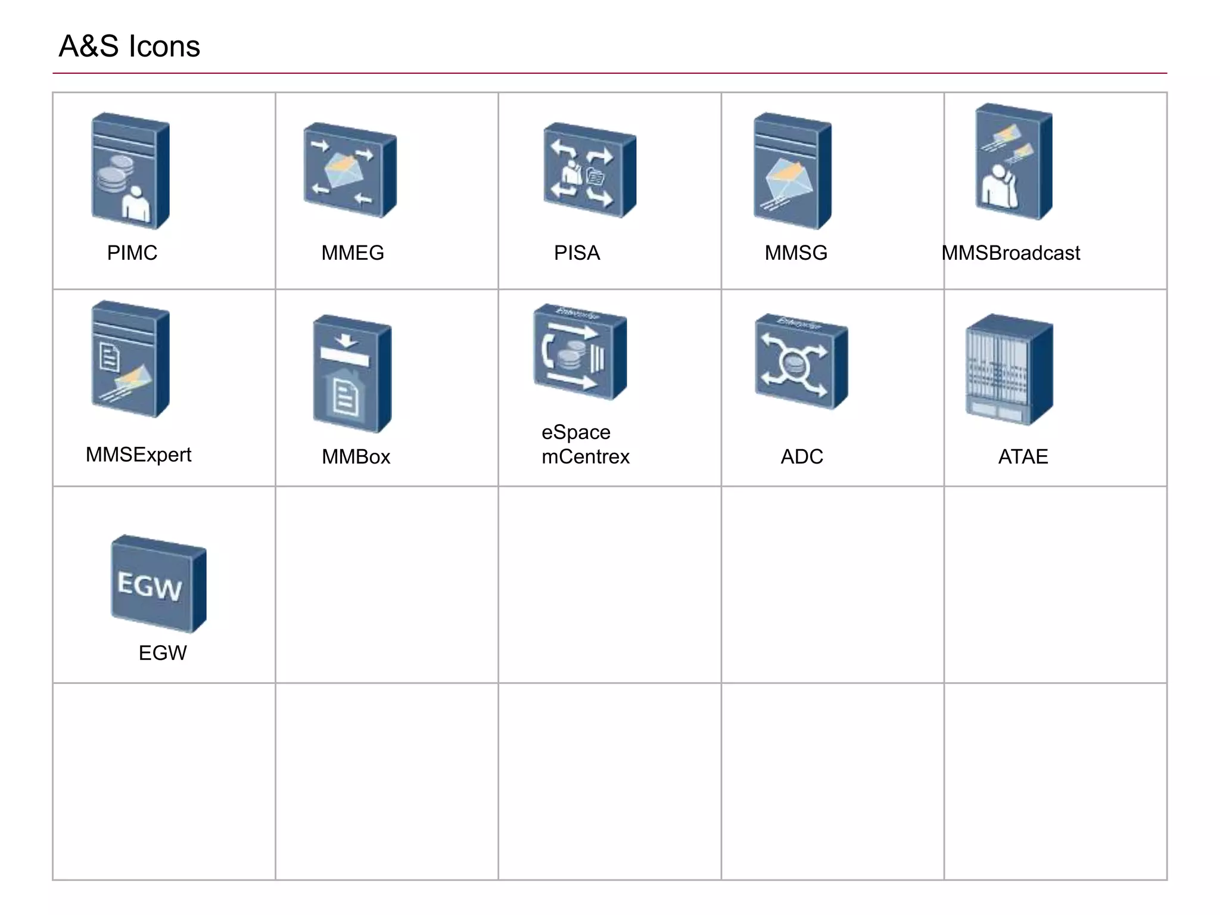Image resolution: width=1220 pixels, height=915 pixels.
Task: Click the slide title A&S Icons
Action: point(129,46)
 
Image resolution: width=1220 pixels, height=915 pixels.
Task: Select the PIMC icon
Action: point(130,171)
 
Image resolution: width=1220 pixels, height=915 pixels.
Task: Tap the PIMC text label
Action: point(132,253)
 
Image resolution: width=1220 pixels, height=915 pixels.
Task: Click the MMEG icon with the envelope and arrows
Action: point(350,170)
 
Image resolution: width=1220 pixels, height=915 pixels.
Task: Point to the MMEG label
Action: point(353,253)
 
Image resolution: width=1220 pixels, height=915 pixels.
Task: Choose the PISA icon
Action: point(589,170)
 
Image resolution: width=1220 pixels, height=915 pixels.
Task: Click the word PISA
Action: point(577,253)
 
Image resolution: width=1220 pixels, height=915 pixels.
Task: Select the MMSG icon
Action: point(792,171)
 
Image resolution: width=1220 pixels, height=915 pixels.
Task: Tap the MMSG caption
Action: point(796,253)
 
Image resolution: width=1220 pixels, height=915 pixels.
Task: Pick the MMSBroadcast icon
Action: point(1013,162)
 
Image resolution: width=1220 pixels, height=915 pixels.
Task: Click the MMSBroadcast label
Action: point(1011,253)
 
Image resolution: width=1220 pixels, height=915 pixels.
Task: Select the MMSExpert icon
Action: point(130,359)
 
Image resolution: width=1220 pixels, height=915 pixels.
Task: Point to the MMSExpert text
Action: point(138,455)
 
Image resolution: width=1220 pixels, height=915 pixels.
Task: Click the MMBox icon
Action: point(352,374)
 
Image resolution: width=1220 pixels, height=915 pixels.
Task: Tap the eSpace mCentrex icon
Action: point(580,352)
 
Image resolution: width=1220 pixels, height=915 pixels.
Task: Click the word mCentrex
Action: point(586,457)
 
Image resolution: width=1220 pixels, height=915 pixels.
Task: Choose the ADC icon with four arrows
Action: point(801,362)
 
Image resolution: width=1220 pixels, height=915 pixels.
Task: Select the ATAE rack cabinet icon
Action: point(1009,369)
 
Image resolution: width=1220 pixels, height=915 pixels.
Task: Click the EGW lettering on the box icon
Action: point(150,586)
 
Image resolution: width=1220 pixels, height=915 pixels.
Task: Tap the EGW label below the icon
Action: point(163,653)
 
